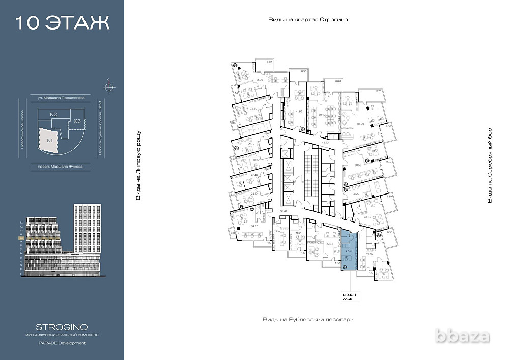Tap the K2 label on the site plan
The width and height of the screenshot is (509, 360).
[x=53, y=115]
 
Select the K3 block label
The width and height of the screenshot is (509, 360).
[x=77, y=121]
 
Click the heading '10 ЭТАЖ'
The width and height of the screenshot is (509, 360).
[x=62, y=23]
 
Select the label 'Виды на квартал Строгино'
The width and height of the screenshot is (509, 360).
[x=310, y=20]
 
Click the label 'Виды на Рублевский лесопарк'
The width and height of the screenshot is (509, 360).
[x=308, y=319]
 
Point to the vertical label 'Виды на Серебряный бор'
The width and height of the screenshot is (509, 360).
[x=490, y=165]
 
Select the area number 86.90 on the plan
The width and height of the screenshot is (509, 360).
[x=361, y=124]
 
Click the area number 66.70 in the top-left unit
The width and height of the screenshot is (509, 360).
[x=260, y=80]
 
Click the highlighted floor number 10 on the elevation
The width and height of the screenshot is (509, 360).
[x=21, y=238]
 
